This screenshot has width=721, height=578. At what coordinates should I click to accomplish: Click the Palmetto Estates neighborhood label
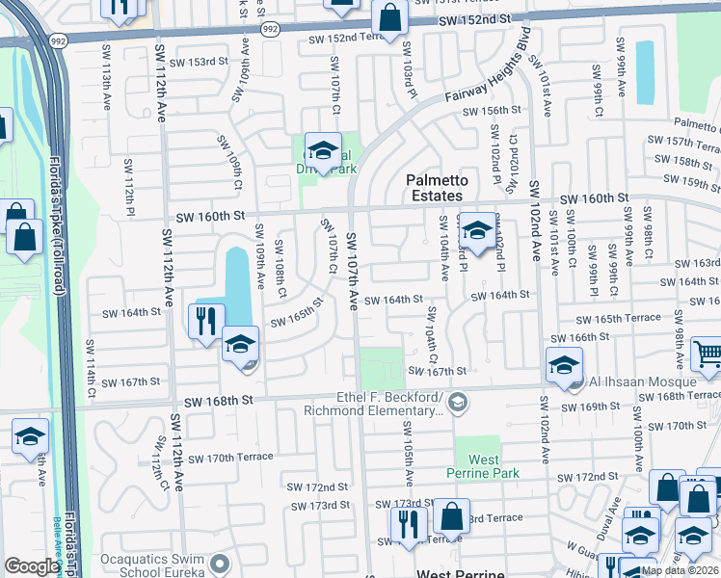pos(436,188)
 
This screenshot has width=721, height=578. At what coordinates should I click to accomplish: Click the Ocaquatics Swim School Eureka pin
pos(220,563)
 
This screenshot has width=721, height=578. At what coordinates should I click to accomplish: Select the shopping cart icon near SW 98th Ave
pos(708,355)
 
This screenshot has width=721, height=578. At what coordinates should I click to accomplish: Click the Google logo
pos(32,566)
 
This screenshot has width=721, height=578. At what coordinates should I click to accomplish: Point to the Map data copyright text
pos(680,570)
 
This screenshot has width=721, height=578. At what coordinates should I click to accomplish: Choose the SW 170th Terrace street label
pos(232,457)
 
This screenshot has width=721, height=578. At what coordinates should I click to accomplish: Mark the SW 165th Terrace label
pos(618,318)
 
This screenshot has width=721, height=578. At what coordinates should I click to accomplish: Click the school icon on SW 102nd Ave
pos(564,365)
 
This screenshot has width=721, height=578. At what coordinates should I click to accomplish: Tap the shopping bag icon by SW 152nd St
pos(388,17)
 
